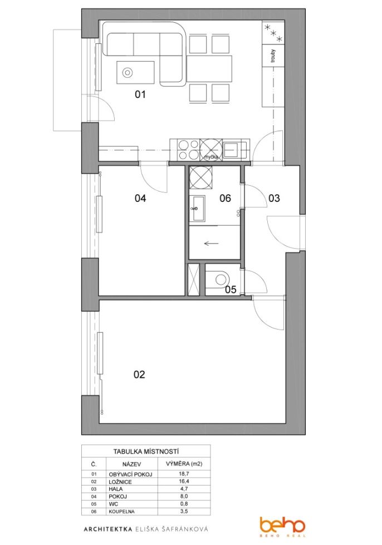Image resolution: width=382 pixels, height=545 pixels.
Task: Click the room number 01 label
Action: click(x=140, y=94)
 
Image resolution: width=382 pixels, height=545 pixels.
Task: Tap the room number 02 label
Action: click(x=139, y=374)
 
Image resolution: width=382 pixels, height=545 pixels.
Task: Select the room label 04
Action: click(x=140, y=198)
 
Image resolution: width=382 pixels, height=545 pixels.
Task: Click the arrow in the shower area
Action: click(x=211, y=244)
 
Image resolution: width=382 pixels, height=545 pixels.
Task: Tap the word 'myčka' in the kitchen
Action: click(x=211, y=157)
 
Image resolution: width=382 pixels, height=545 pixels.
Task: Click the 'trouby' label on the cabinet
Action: click(x=273, y=56)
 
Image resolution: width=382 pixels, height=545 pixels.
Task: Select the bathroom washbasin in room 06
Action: click(x=197, y=208)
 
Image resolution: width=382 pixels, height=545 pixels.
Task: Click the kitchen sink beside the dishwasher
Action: click(x=231, y=150)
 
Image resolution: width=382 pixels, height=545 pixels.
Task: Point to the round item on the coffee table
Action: click(x=128, y=73)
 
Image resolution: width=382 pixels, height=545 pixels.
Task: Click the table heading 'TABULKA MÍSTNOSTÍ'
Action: click(x=146, y=452)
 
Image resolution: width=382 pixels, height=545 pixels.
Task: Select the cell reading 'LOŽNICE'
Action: click(x=120, y=482)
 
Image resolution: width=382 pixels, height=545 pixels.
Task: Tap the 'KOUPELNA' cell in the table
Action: click(x=122, y=511)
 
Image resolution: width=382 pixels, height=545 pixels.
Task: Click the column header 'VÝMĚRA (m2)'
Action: click(x=184, y=464)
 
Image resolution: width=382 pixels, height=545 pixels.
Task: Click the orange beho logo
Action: click(x=282, y=527)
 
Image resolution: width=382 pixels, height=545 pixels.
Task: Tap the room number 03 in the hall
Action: click(x=274, y=198)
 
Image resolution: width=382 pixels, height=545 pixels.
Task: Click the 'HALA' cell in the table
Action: click(x=116, y=489)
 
